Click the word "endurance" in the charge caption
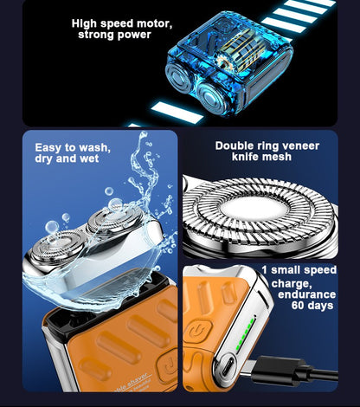tap(307, 294)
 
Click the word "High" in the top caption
tap(84, 23)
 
